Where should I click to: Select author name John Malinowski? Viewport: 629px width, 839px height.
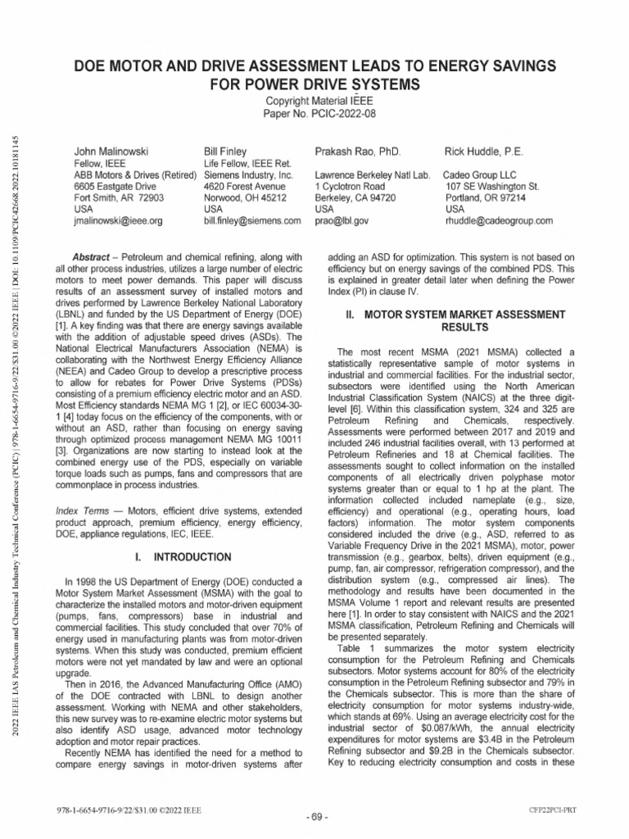coord(108,152)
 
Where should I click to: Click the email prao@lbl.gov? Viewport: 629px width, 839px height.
coord(342,220)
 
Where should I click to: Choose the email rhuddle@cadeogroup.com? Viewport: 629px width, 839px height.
coord(498,220)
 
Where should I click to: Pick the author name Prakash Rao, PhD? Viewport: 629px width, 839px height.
coord(357,152)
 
